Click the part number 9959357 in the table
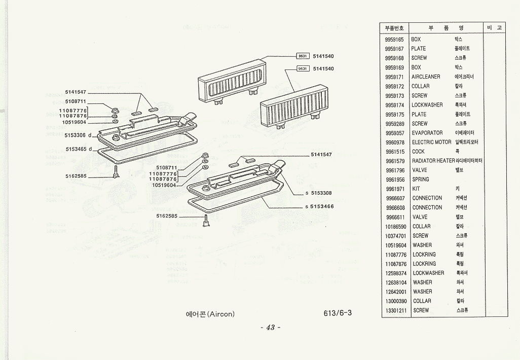pyautogui.click(x=394, y=133)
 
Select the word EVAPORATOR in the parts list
pyautogui.click(x=427, y=133)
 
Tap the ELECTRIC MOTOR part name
pyautogui.click(x=431, y=142)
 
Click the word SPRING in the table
pyautogui.click(x=421, y=179)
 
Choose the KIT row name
pyautogui.click(x=416, y=189)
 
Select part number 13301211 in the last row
pyautogui.click(x=396, y=310)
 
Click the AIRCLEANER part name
pyautogui.click(x=426, y=77)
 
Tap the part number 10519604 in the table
pyautogui.click(x=396, y=245)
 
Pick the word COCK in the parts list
pyautogui.click(x=419, y=152)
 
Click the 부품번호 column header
pyautogui.click(x=394, y=28)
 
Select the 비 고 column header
pyautogui.click(x=495, y=28)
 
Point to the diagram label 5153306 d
pyautogui.click(x=78, y=135)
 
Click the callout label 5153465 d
pyautogui.click(x=79, y=149)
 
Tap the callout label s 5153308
pyautogui.click(x=319, y=193)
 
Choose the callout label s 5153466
pyautogui.click(x=319, y=206)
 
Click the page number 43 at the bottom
pyautogui.click(x=270, y=328)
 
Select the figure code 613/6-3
pyautogui.click(x=337, y=313)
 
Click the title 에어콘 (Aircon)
pyautogui.click(x=210, y=314)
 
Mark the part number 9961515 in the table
pyautogui.click(x=394, y=152)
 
